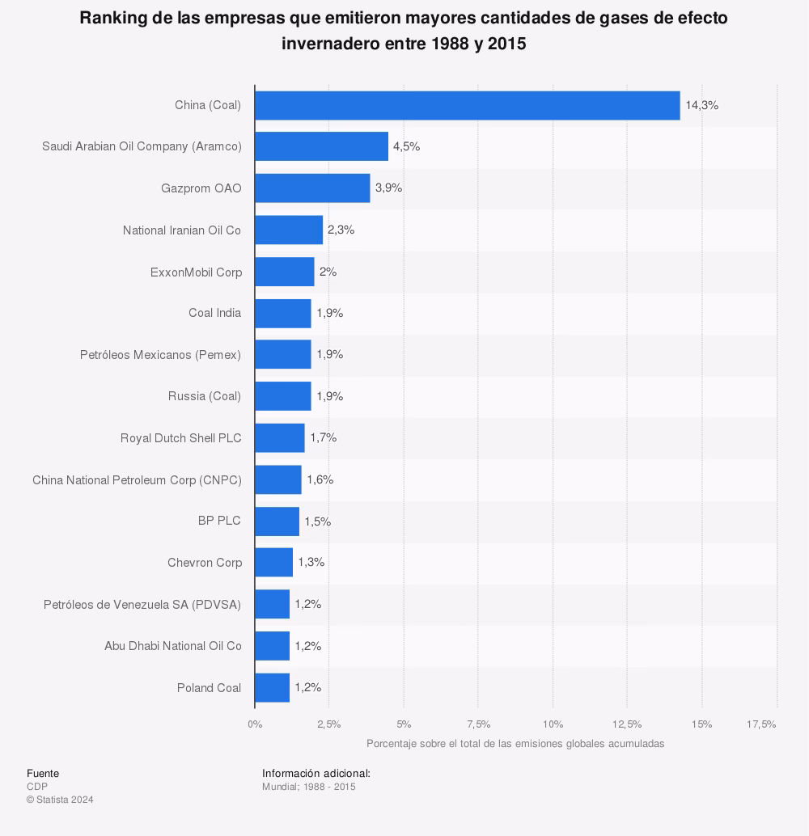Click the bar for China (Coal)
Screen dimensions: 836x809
tap(467, 105)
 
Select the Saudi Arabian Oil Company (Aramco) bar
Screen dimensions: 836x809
tap(321, 146)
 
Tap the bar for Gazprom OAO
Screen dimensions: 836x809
tap(312, 188)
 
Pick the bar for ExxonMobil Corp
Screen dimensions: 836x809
tap(284, 272)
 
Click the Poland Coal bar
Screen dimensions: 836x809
tap(272, 687)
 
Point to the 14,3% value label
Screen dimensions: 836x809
tap(701, 105)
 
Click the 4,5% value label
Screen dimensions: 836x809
tap(406, 146)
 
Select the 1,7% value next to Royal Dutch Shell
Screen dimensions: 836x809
tap(323, 437)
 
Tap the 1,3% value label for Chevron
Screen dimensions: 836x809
tap(311, 562)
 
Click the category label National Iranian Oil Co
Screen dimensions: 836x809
tap(182, 230)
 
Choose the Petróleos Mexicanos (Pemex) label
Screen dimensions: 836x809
tap(160, 355)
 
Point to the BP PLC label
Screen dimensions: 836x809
tap(219, 521)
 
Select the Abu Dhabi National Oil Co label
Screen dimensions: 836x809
tap(173, 646)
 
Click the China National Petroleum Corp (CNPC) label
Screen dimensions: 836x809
tap(137, 479)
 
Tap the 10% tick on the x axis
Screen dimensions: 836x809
tap(553, 724)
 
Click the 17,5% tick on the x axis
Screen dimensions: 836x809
tap(760, 724)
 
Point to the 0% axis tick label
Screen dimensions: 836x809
tap(255, 724)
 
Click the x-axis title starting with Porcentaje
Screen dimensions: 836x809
tap(515, 743)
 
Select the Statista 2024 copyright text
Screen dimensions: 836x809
tap(60, 800)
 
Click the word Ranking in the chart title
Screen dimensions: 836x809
tap(112, 19)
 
